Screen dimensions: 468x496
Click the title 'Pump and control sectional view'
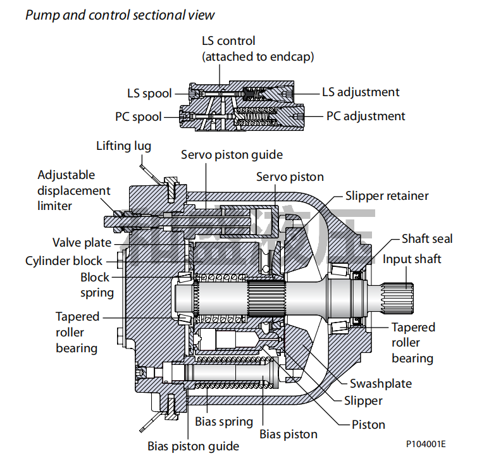click(x=120, y=15)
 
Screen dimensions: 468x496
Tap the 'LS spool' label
click(x=149, y=94)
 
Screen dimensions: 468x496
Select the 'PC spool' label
click(x=138, y=117)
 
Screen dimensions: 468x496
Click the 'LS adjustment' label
click(x=361, y=92)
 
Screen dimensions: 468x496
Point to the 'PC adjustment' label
click(x=366, y=116)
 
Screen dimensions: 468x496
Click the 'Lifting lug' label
click(x=123, y=146)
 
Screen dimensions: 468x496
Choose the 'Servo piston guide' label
click(x=232, y=155)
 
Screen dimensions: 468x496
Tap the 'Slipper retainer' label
click(x=387, y=196)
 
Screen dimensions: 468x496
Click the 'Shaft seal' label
click(x=427, y=239)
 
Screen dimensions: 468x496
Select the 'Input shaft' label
click(x=412, y=259)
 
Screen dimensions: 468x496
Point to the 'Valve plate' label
click(x=82, y=243)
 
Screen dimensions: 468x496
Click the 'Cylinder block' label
click(x=64, y=261)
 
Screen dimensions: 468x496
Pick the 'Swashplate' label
click(x=381, y=384)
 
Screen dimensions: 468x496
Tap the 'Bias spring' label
click(x=224, y=422)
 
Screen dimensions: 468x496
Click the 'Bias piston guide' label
click(x=194, y=446)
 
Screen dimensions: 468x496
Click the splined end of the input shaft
click(x=399, y=296)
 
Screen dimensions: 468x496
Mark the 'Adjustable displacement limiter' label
click(x=73, y=190)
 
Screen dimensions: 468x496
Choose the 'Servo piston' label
click(x=290, y=177)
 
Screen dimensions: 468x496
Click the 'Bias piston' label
click(x=288, y=434)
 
